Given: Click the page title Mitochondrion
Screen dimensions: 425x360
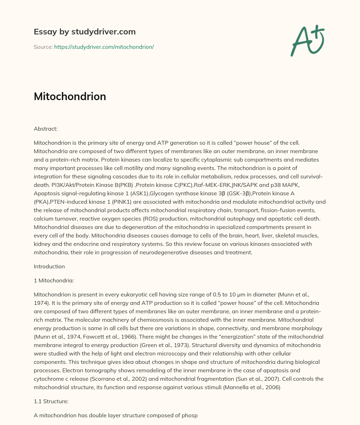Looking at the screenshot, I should click(70, 96).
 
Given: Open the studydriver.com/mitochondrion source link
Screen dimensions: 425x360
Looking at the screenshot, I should click(104, 47).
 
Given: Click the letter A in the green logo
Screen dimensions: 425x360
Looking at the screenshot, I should click(301, 41).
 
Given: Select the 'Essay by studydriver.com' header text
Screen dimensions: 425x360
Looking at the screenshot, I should click(84, 32).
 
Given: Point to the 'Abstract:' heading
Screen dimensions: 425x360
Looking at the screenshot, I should click(45, 129).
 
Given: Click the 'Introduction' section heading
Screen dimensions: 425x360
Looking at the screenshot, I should click(49, 266).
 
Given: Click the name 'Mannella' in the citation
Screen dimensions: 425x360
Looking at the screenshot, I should click(243, 387).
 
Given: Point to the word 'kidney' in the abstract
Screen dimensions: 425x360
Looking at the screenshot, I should click(41, 244).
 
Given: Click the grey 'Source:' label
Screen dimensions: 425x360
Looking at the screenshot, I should click(43, 47).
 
